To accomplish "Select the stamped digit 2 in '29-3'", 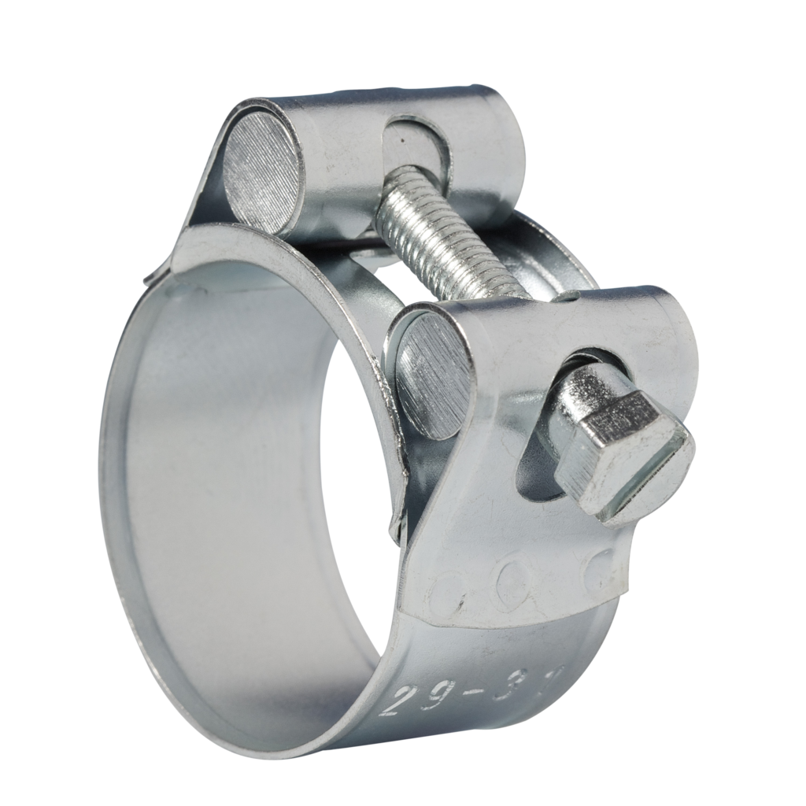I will point(396,700).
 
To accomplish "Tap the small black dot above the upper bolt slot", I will point(401,139).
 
